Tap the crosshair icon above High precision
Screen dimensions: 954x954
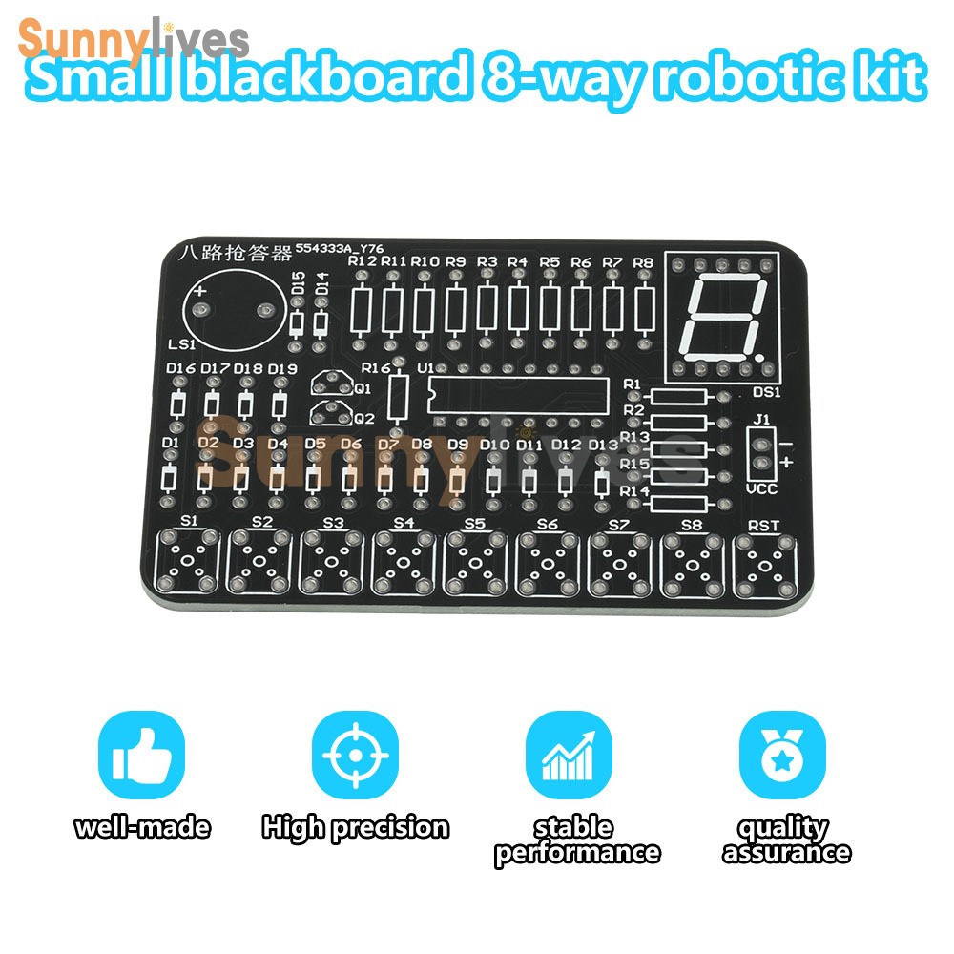pyautogui.click(x=354, y=757)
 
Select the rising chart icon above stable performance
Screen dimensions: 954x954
pyautogui.click(x=569, y=757)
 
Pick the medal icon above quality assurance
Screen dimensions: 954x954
pyautogui.click(x=782, y=757)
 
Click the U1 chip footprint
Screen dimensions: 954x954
pyautogui.click(x=518, y=393)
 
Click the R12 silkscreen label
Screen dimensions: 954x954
pyautogui.click(x=363, y=260)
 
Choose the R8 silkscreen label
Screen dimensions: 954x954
pyautogui.click(x=644, y=261)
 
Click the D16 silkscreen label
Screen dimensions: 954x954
pyautogui.click(x=180, y=368)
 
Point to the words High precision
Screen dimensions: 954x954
pyautogui.click(x=355, y=826)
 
